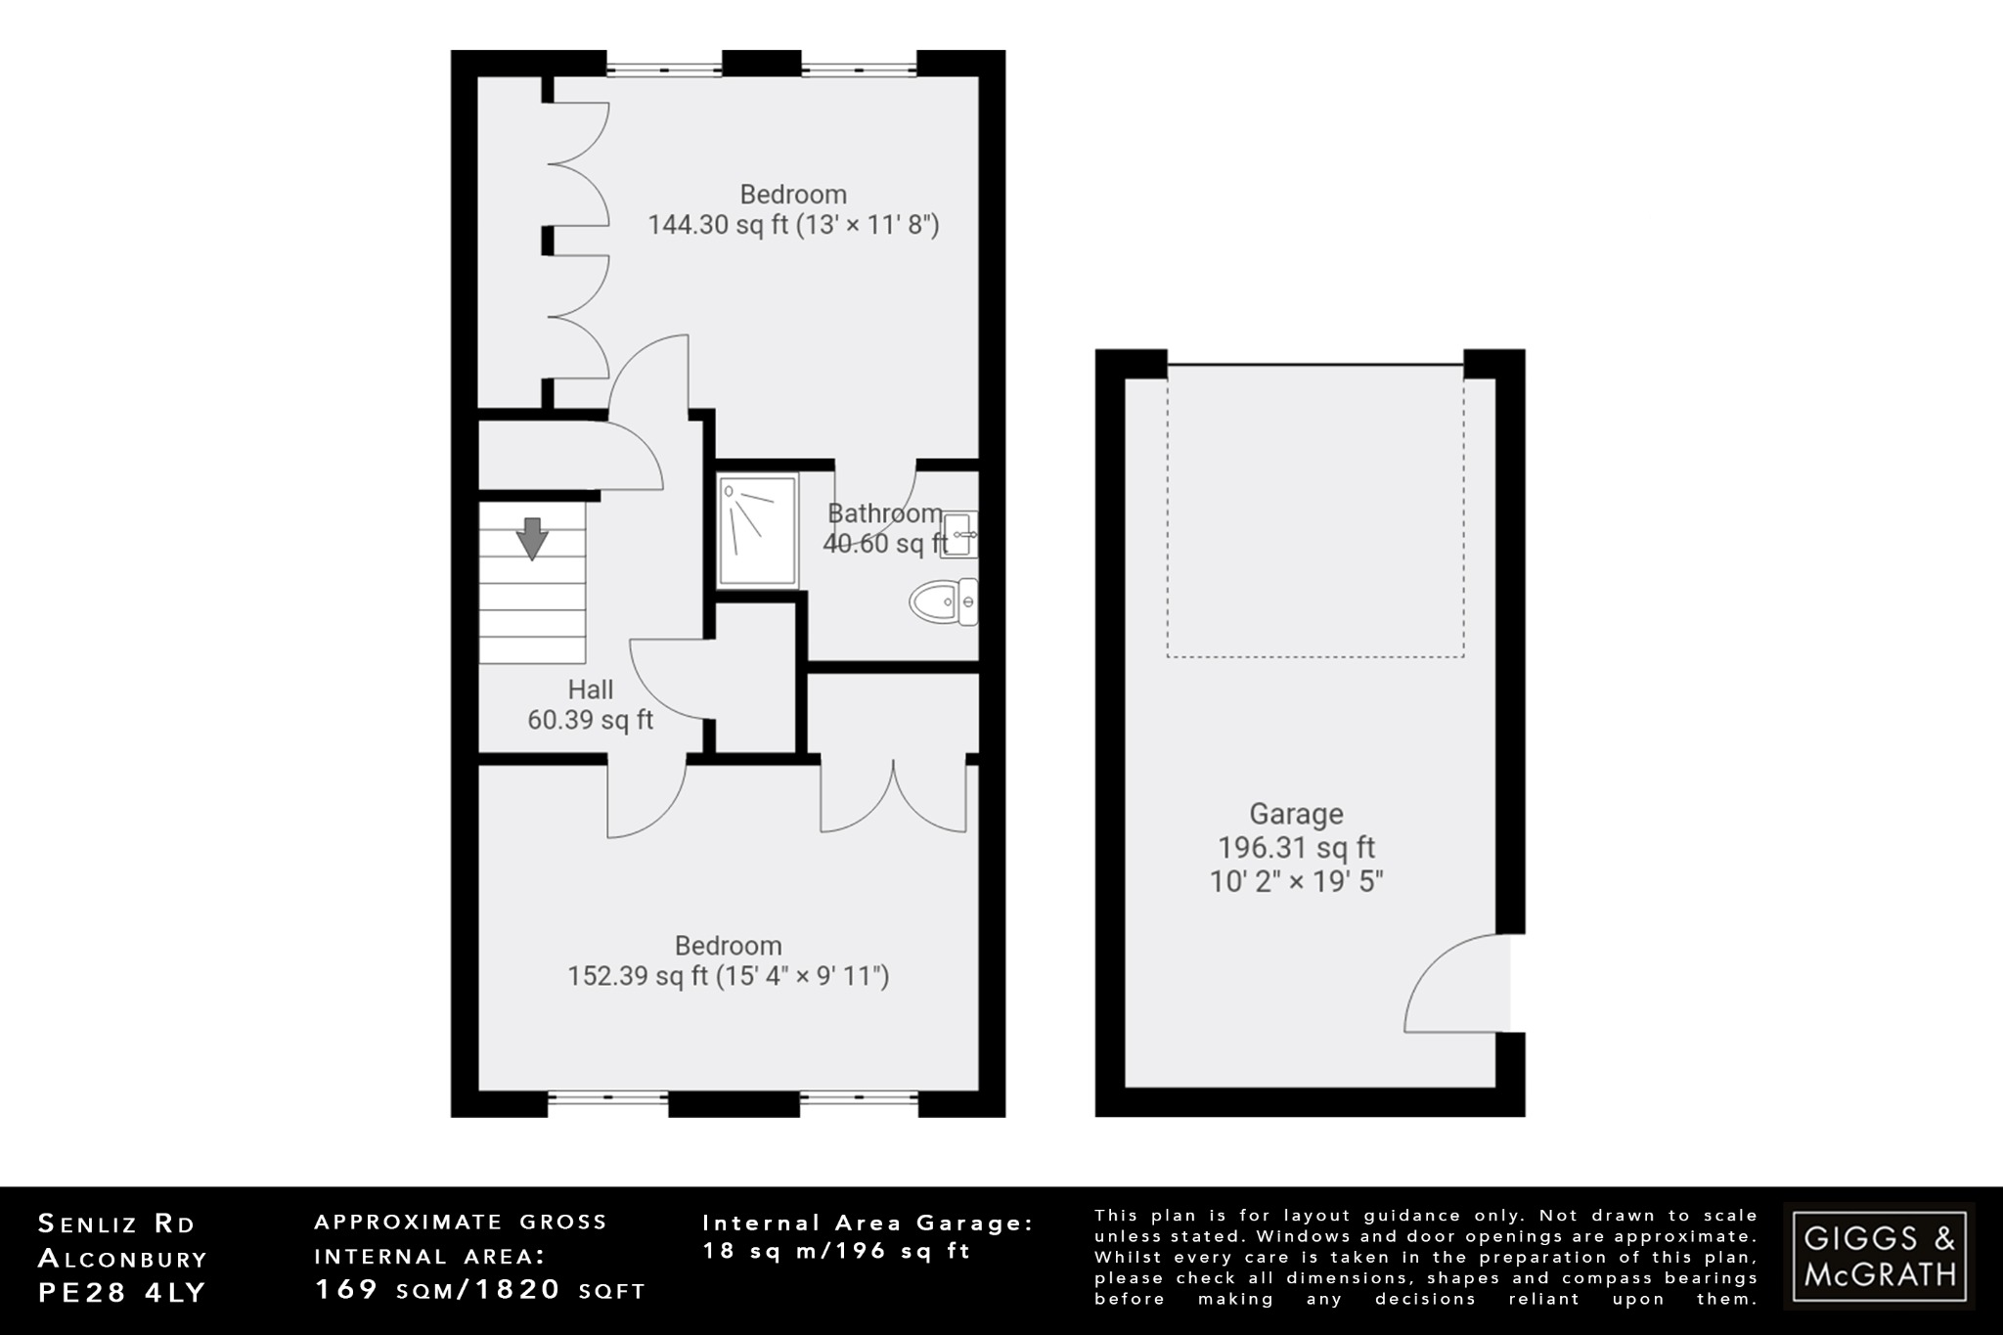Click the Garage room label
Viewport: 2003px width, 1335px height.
pyautogui.click(x=1296, y=814)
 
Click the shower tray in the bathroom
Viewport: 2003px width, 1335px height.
pyautogui.click(x=757, y=530)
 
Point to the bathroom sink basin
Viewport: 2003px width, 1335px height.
pyautogui.click(x=958, y=534)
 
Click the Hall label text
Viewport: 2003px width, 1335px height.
pyautogui.click(x=591, y=690)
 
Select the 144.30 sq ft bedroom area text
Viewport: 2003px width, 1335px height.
pyautogui.click(x=793, y=225)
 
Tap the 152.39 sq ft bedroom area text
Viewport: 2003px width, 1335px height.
pyautogui.click(x=729, y=976)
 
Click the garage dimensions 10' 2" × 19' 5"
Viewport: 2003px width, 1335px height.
pyautogui.click(x=1296, y=881)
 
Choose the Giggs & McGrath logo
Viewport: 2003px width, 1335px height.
pyautogui.click(x=1879, y=1256)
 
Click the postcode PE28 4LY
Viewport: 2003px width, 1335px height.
pyautogui.click(x=122, y=1292)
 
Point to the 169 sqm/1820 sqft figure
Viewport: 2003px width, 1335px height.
pyautogui.click(x=480, y=1290)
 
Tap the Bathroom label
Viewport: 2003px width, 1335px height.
pyautogui.click(x=884, y=513)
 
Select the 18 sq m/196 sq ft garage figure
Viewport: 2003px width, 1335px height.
pyautogui.click(x=836, y=1251)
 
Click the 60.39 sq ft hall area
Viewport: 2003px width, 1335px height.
pyautogui.click(x=591, y=721)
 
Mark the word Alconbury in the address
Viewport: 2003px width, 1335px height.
pyautogui.click(x=122, y=1258)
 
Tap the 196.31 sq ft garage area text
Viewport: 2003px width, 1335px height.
pyautogui.click(x=1296, y=847)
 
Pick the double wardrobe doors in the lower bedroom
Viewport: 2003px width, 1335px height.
pyautogui.click(x=894, y=797)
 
